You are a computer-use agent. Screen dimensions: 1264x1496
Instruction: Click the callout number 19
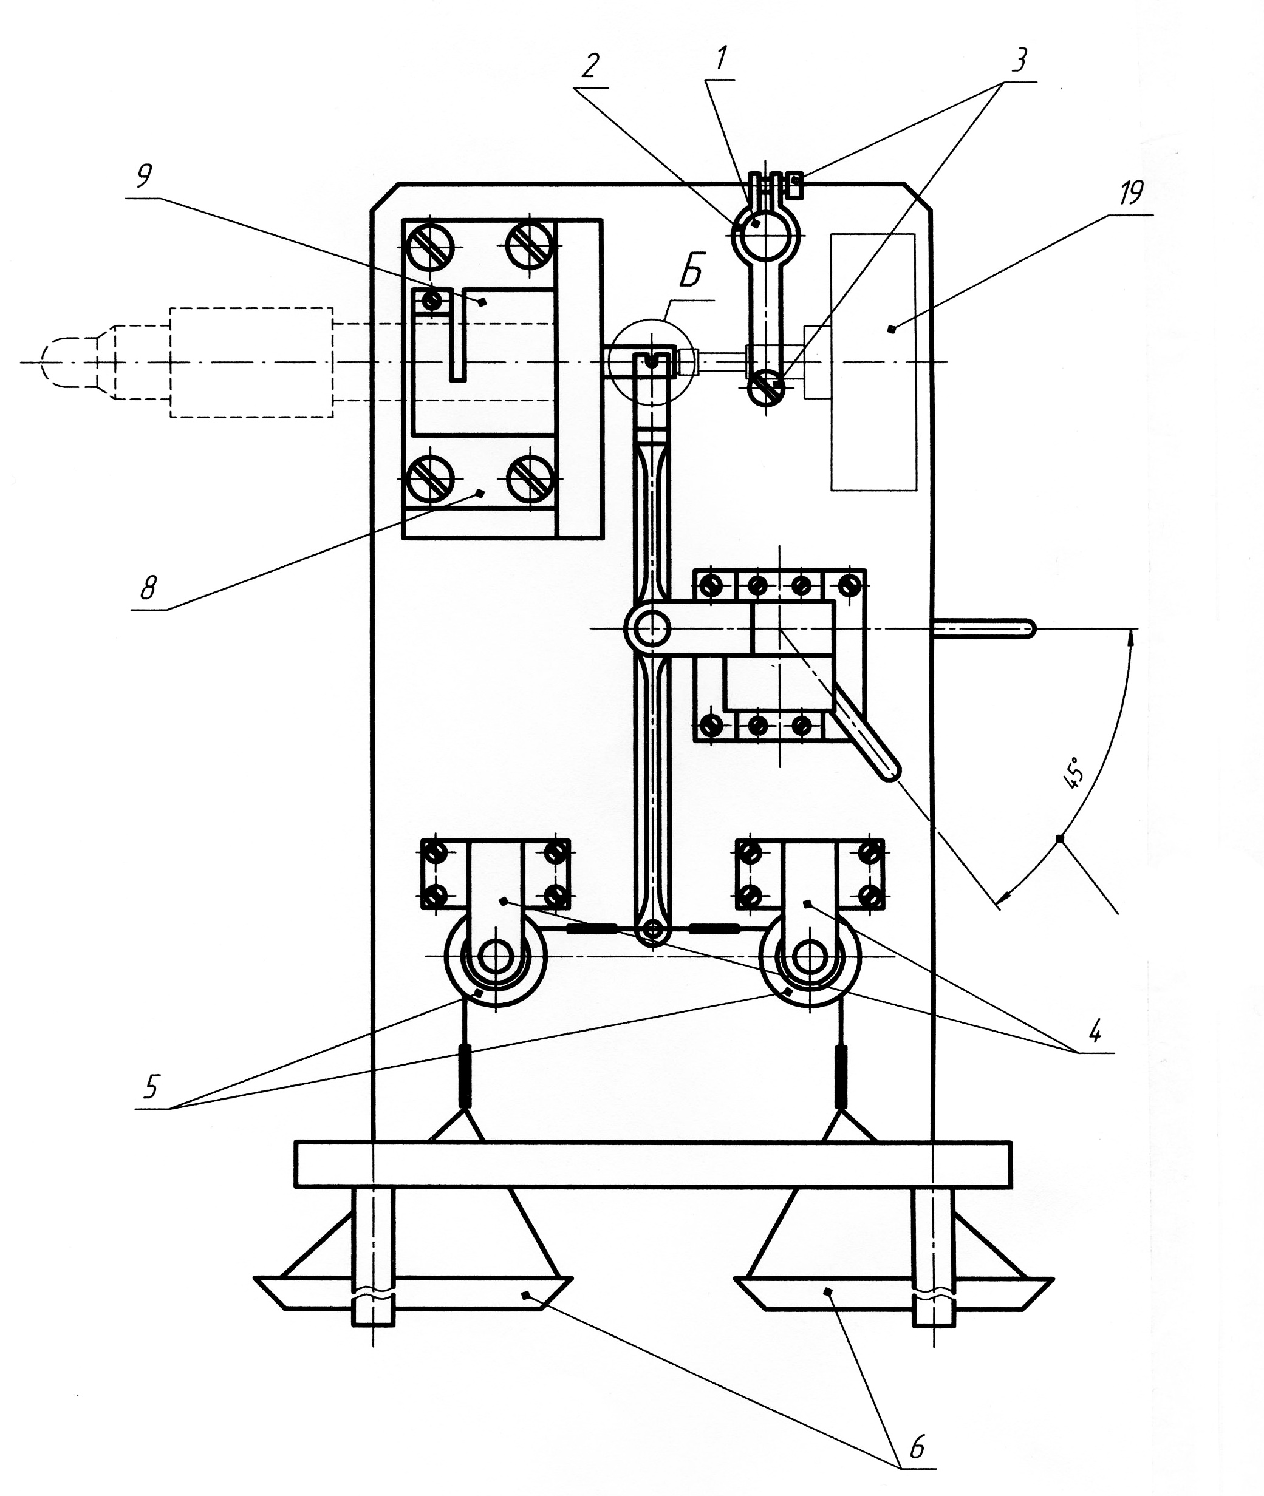pos(1132,192)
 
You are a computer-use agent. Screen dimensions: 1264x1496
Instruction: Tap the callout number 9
pos(145,175)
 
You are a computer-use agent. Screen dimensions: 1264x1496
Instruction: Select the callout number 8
pos(148,587)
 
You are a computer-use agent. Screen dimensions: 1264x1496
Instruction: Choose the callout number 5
pos(151,1086)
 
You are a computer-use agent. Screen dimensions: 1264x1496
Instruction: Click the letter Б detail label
pos(691,273)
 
